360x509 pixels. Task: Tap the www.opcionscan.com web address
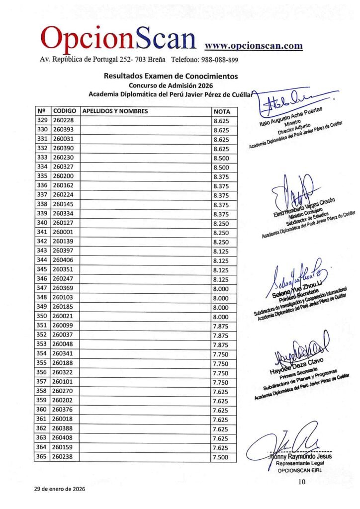(x=254, y=46)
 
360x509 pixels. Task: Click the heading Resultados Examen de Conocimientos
(x=171, y=76)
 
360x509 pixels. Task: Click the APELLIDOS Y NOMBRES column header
(x=115, y=111)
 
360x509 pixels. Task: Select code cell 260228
(x=63, y=120)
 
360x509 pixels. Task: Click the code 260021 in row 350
(x=63, y=317)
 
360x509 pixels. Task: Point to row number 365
(x=42, y=457)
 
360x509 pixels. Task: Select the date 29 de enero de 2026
(x=60, y=489)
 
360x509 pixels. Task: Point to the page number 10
(x=302, y=481)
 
